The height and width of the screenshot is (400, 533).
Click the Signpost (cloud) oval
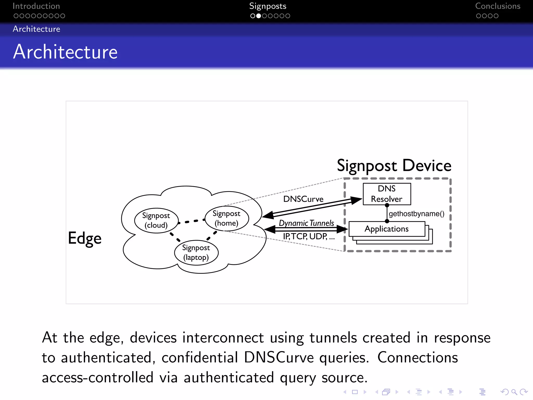pos(156,220)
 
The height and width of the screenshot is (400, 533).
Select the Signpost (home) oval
pos(226,218)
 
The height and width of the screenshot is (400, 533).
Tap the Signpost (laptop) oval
pos(196,252)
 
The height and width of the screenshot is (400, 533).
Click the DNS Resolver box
pos(387,194)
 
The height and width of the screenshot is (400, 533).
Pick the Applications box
pos(387,229)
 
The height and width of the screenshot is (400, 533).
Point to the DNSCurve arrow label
pos(303,199)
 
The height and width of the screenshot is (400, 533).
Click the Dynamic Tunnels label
pos(306,223)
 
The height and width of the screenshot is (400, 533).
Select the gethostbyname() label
pos(416,214)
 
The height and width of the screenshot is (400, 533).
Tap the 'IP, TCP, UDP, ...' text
pos(309,236)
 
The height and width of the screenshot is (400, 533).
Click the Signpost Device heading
pos(394,166)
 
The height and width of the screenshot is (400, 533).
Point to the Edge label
pos(85,238)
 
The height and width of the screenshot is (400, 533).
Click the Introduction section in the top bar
pos(36,6)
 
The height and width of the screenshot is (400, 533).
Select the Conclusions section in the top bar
pos(498,6)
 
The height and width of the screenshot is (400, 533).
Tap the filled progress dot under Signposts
pos(258,16)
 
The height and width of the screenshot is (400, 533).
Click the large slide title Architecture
pos(65,52)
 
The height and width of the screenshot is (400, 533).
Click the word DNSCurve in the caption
pos(279,358)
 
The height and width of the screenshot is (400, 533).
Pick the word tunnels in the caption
pos(333,338)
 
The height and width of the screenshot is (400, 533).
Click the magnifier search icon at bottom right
pos(514,392)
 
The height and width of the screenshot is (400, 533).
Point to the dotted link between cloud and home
pos(192,221)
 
